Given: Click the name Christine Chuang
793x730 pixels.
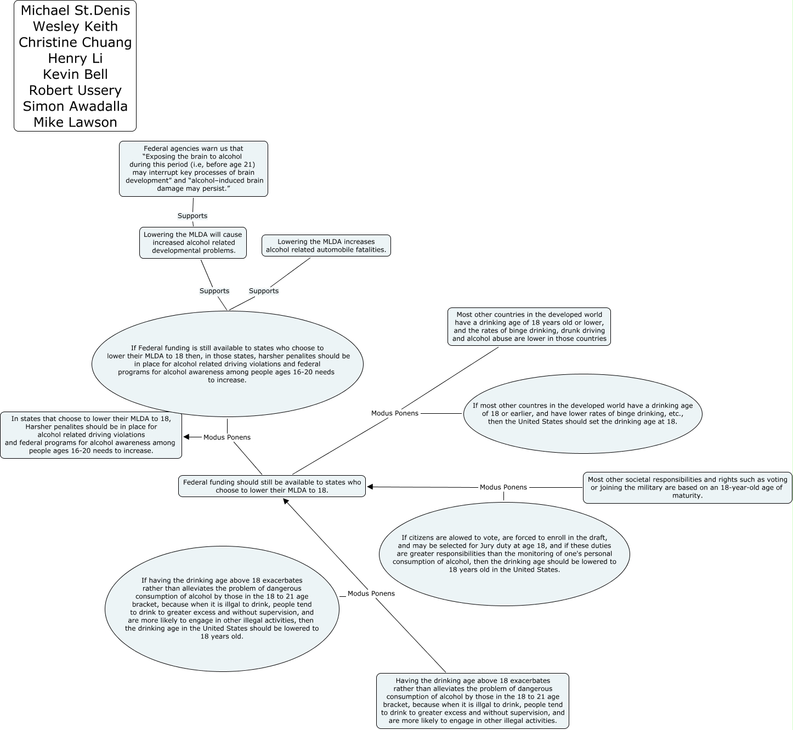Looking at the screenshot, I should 75,43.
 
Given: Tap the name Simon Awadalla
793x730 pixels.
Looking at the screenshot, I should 75,106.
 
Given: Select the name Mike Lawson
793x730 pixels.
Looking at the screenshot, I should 75,122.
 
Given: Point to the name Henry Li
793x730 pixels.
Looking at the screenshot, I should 75,59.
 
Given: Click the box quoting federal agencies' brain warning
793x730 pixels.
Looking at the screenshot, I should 194,169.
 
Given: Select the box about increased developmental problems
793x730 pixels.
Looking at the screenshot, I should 193,243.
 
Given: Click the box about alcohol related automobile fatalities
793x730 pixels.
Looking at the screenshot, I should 326,246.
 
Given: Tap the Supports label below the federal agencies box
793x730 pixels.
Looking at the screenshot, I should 192,216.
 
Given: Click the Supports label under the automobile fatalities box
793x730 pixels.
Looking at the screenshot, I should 264,291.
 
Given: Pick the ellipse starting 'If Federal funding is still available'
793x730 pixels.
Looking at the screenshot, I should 228,364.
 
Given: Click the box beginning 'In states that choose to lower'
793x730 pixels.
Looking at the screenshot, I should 91,435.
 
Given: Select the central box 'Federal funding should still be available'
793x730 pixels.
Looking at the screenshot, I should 272,486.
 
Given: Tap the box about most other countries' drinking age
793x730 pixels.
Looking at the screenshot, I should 529,327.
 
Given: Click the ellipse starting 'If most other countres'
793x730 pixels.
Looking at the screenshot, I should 582,414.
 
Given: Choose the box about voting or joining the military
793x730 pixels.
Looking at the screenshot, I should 687,487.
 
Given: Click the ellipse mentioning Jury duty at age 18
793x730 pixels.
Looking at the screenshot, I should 504,554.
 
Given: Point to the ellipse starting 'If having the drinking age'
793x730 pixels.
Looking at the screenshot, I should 222,609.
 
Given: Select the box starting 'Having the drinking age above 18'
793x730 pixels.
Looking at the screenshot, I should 473,701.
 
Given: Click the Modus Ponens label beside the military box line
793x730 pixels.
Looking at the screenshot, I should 503,487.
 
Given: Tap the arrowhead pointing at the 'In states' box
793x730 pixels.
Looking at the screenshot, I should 186,437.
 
